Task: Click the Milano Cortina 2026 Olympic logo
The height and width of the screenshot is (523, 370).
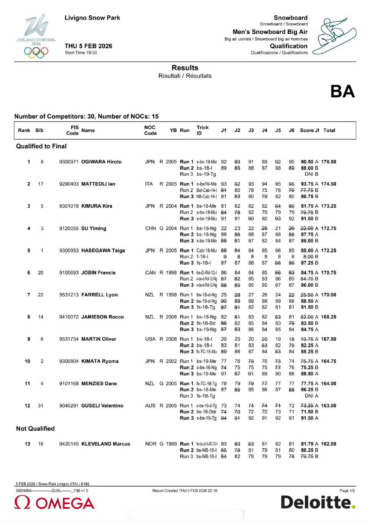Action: click(x=36, y=37)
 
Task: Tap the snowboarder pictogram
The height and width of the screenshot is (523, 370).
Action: click(x=334, y=35)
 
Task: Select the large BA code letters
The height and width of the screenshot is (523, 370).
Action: click(x=342, y=92)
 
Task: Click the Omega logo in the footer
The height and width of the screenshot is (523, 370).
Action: click(x=54, y=503)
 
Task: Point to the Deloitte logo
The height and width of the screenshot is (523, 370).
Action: click(x=318, y=502)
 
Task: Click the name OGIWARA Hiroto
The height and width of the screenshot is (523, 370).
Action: click(x=101, y=162)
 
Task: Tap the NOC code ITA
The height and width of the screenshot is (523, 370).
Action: click(x=149, y=184)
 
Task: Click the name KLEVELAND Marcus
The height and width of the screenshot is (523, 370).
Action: click(x=106, y=444)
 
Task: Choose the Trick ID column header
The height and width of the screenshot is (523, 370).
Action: click(x=202, y=130)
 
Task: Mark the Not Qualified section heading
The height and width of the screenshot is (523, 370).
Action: click(x=35, y=429)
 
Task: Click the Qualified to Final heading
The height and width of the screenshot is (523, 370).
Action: click(x=41, y=146)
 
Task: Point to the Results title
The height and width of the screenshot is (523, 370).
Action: click(x=185, y=68)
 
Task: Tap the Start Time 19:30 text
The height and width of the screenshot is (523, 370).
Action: click(x=81, y=53)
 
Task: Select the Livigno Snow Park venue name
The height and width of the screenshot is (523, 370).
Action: click(x=92, y=18)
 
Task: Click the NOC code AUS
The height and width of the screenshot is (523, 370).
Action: click(x=150, y=406)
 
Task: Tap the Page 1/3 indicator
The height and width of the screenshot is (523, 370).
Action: click(x=347, y=491)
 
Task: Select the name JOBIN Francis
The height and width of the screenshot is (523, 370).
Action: click(x=98, y=272)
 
